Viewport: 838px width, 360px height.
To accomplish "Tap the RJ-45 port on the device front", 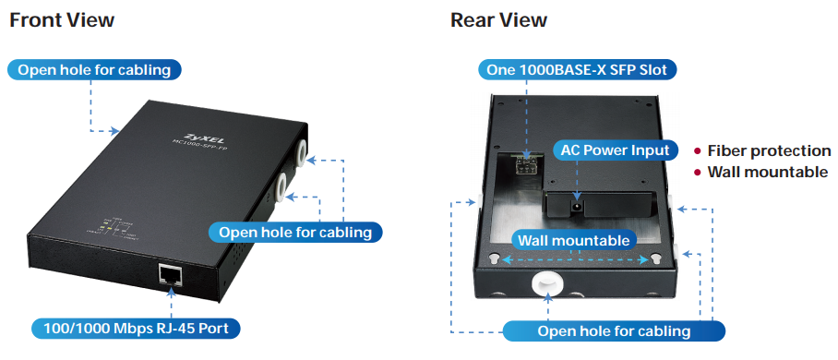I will pyautogui.click(x=171, y=274).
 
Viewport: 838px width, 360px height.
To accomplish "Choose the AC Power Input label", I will pyautogui.click(x=617, y=150).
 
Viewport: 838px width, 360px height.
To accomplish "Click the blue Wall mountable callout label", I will pyautogui.click(x=574, y=240).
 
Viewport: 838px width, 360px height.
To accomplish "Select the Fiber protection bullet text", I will pyautogui.click(x=769, y=150).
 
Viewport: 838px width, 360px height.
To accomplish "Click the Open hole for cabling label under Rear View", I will pyautogui.click(x=614, y=330).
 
